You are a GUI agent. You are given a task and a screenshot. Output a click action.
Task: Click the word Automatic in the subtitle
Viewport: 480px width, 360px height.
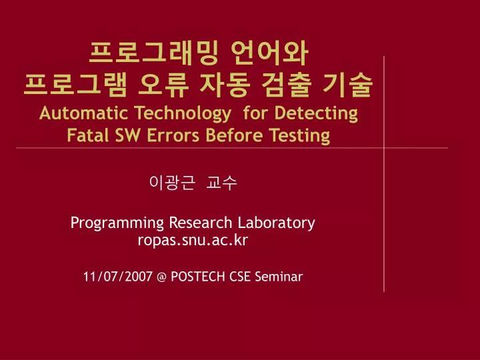[83, 113]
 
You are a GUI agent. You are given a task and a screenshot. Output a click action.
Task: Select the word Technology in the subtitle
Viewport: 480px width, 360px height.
[183, 114]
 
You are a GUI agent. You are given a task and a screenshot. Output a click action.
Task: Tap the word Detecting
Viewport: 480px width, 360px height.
[316, 114]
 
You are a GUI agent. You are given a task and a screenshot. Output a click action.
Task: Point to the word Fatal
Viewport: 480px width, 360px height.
[87, 135]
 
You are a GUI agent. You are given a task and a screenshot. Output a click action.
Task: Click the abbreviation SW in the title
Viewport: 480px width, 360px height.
[127, 135]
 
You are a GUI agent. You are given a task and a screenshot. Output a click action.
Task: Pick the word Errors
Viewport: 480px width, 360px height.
[173, 135]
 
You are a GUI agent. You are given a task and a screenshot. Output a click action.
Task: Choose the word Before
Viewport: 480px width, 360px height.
[234, 135]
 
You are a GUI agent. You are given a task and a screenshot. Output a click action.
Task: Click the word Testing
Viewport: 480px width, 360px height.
[300, 136]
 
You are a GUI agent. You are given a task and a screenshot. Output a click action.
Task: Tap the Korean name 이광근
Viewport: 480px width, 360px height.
[172, 183]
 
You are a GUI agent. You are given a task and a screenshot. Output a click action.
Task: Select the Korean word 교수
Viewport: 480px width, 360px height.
[221, 183]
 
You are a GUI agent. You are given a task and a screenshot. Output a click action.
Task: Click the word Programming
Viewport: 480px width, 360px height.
[117, 223]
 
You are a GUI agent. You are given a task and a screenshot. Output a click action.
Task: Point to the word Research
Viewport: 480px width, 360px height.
[201, 223]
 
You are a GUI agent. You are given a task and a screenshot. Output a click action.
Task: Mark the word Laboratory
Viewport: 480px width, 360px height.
[277, 223]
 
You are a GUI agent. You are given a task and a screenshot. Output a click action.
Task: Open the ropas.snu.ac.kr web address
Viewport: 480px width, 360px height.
[193, 240]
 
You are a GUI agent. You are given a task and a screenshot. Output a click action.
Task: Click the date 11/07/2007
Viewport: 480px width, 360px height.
[117, 277]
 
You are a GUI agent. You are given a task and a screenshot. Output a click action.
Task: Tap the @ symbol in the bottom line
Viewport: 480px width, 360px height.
[161, 277]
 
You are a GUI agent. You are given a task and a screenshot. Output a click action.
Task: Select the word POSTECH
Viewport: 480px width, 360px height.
[198, 277]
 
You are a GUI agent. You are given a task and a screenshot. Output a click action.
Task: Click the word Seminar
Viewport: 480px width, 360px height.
[279, 277]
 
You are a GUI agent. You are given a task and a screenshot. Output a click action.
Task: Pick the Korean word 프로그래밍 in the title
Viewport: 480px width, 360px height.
[153, 53]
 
